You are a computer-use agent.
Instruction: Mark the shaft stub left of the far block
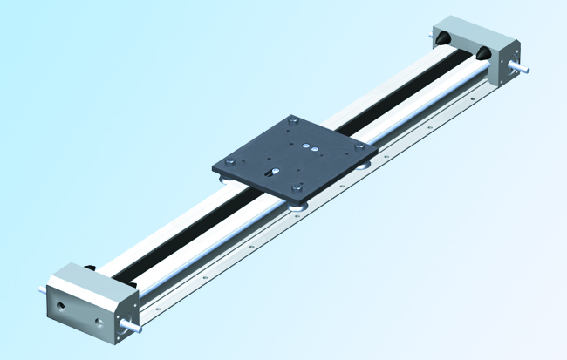434,35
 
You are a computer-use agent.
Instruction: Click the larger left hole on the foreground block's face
62,308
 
